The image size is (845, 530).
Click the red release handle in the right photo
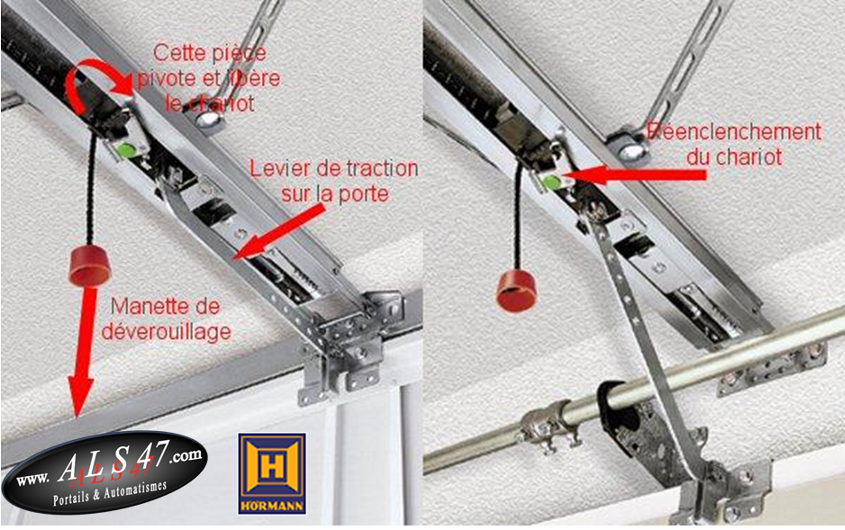[x=516, y=292]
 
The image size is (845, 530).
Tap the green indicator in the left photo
[x=125, y=149]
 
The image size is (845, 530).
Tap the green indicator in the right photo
[x=550, y=182]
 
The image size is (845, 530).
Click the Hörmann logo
[x=272, y=474]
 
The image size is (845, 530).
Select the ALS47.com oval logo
[x=104, y=472]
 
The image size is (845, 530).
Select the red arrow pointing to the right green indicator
[x=633, y=175]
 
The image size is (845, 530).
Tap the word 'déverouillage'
[x=167, y=331]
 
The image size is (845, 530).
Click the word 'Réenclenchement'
[x=734, y=132]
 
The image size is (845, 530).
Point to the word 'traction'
[x=382, y=168]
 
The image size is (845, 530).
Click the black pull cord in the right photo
[x=518, y=215]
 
